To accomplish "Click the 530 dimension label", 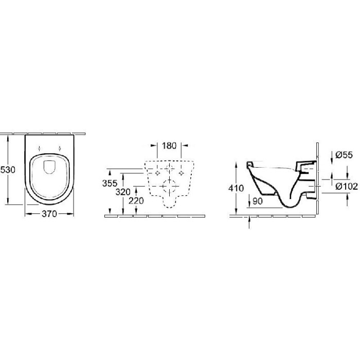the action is (x=8, y=170).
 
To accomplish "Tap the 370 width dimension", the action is (x=49, y=214).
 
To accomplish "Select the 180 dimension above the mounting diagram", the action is (x=169, y=146).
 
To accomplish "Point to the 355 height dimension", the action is (x=110, y=183).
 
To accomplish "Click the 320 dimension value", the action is (x=123, y=192).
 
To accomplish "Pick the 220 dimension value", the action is (x=136, y=201).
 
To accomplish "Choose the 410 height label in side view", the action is (x=236, y=188).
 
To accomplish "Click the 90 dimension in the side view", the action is (x=258, y=201).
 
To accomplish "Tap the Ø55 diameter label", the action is (x=344, y=155).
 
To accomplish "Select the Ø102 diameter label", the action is (x=347, y=186).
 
